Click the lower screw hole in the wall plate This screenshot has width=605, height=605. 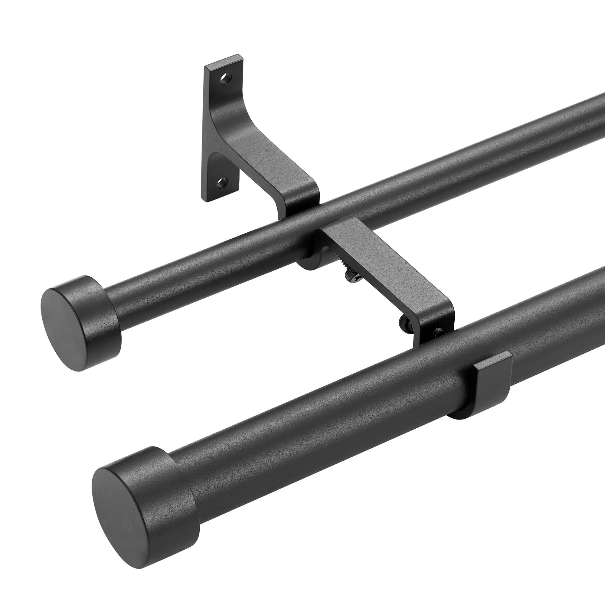tap(223, 181)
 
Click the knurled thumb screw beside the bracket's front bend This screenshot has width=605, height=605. tap(404, 322)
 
